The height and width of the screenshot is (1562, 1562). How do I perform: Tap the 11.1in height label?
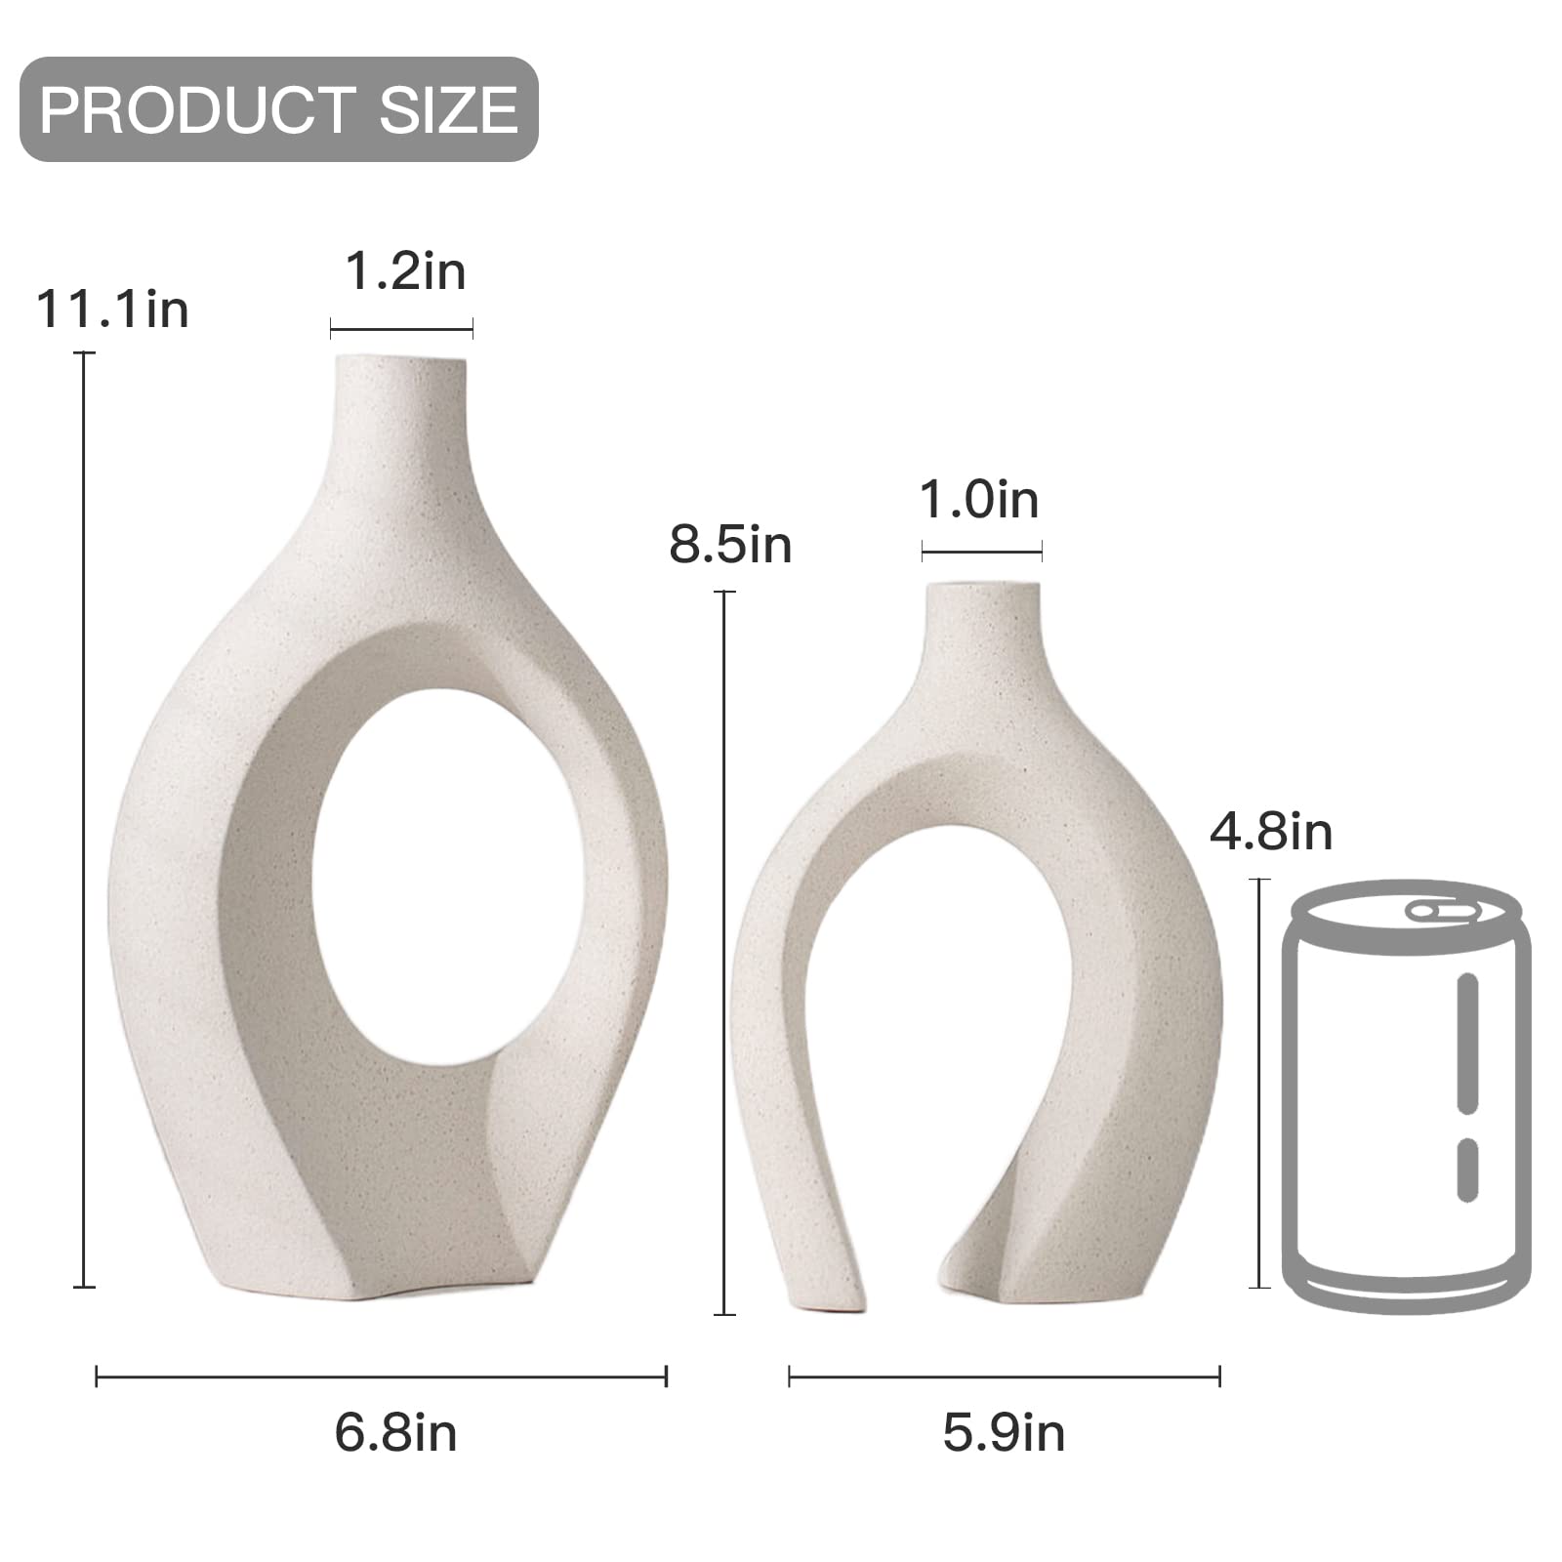[x=113, y=309]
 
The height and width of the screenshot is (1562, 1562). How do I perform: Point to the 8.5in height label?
[x=730, y=544]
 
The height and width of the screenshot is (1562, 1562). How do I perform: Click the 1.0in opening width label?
[x=979, y=500]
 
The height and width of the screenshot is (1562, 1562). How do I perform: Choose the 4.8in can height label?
[x=1271, y=832]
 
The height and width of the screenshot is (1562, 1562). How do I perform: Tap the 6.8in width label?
[x=395, y=1433]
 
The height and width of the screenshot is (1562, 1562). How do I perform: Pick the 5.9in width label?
[x=1004, y=1433]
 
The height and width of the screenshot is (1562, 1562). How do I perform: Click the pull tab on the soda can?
[x=1442, y=912]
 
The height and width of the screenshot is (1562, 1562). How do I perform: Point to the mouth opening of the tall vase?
[x=401, y=359]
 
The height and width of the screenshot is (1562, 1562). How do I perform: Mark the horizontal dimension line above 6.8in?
[x=381, y=1377]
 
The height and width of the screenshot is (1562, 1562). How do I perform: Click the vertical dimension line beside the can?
[x=1260, y=1084]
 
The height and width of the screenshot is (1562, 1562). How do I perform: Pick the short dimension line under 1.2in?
[x=401, y=329]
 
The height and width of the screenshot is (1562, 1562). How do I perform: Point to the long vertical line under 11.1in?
[x=84, y=820]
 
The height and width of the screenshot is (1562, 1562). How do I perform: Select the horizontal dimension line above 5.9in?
[x=1004, y=1377]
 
